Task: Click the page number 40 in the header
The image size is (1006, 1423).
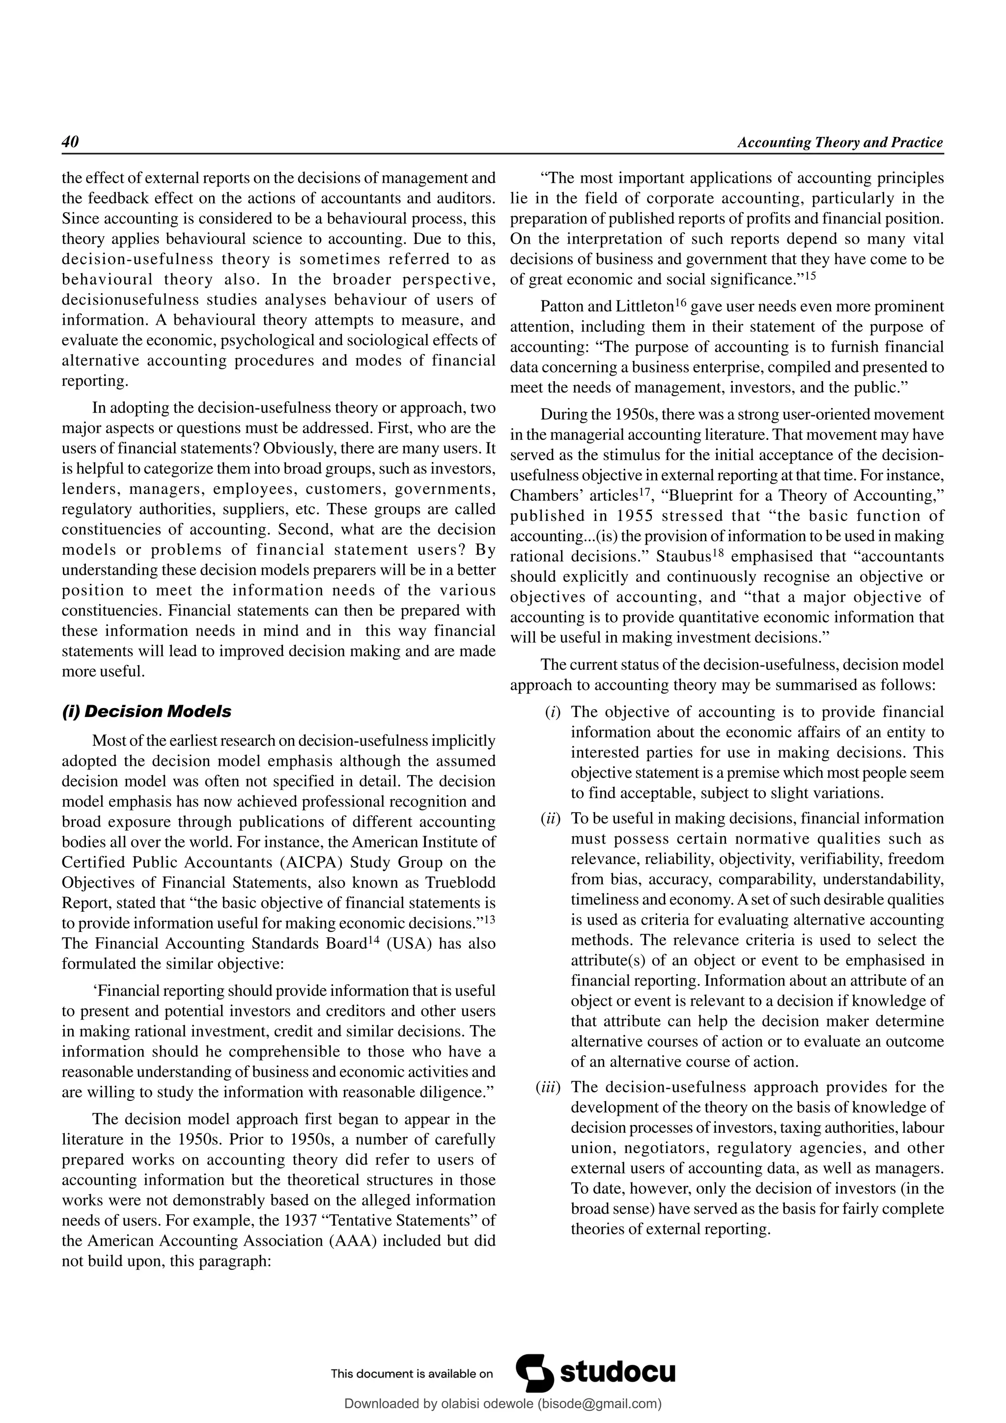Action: click(x=70, y=142)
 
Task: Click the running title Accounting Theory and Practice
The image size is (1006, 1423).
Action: click(x=840, y=142)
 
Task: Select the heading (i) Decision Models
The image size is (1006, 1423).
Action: click(x=146, y=711)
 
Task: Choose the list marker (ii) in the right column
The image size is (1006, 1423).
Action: click(x=551, y=819)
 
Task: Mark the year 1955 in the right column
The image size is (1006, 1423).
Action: click(x=632, y=516)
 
